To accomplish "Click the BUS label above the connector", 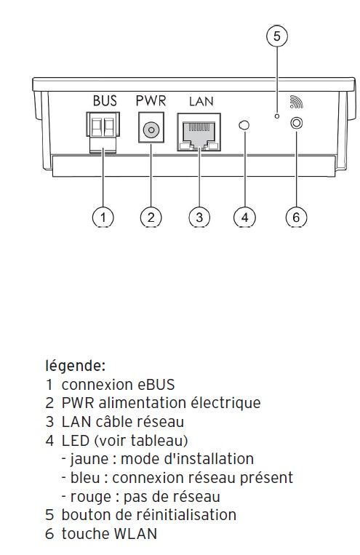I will [104, 101].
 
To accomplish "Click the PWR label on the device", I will [151, 101].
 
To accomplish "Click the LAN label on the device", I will [201, 102].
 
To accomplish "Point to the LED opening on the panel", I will [244, 126].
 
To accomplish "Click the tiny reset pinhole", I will [276, 115].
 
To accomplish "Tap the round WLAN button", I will [296, 124].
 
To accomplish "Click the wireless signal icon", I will [295, 102].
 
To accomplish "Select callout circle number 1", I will [104, 217].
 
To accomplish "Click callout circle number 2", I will [151, 217].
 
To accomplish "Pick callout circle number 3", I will [199, 217].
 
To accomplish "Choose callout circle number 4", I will [245, 217].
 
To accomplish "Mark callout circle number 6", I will [295, 217].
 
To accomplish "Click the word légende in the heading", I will [74, 364].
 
